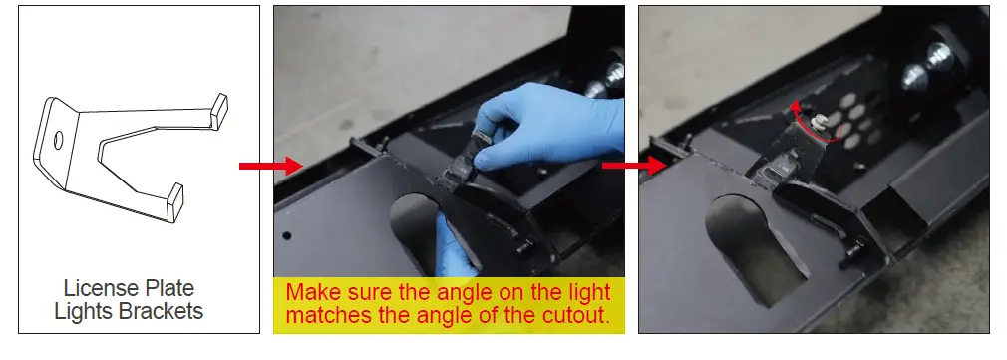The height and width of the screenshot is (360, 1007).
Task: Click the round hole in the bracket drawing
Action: click(58, 141)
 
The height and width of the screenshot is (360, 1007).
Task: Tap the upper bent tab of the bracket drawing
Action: click(219, 109)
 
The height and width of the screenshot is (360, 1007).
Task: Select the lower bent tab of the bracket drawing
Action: click(174, 199)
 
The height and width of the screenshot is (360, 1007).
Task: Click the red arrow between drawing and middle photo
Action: click(271, 166)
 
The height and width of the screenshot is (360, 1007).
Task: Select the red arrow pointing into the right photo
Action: click(634, 166)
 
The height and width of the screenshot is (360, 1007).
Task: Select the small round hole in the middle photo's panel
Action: click(287, 236)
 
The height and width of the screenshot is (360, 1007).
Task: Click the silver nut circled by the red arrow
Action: click(820, 120)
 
